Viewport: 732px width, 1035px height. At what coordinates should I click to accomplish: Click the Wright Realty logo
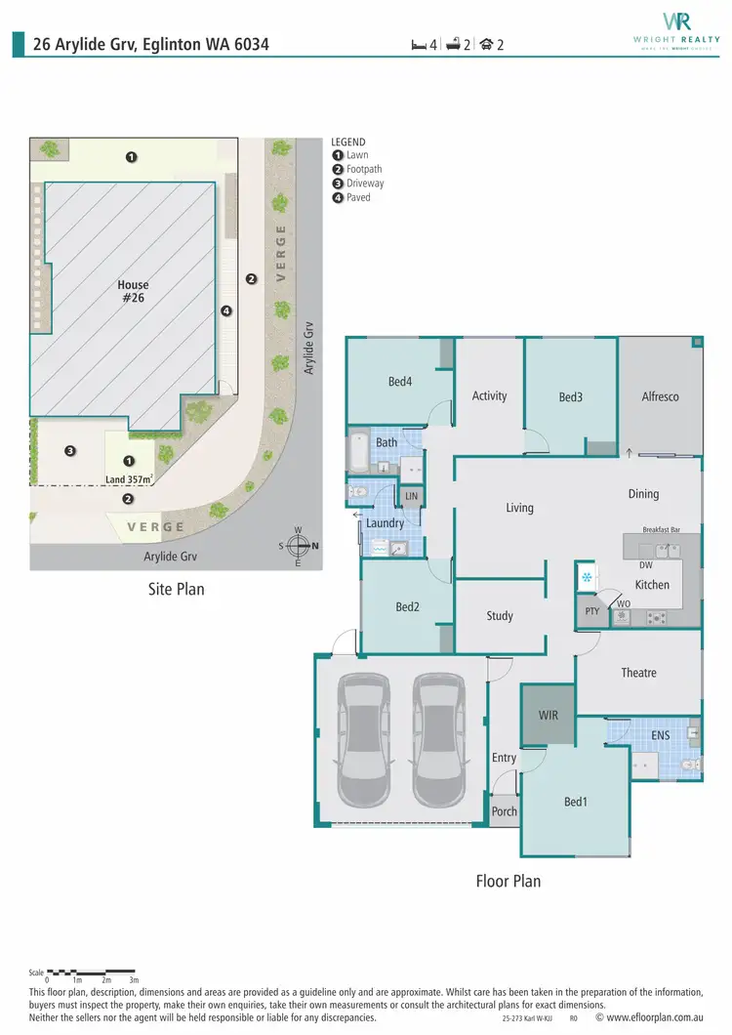pyautogui.click(x=677, y=29)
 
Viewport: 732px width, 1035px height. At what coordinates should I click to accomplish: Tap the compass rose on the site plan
pyautogui.click(x=299, y=546)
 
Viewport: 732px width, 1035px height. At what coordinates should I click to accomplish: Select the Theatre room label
pyautogui.click(x=638, y=673)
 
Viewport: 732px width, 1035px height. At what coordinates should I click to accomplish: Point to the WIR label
pyautogui.click(x=548, y=716)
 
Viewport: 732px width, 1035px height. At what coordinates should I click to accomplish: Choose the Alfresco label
pyautogui.click(x=660, y=396)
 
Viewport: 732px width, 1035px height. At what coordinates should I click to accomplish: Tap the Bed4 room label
pyautogui.click(x=400, y=382)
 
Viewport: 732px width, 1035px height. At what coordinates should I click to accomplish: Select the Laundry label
pyautogui.click(x=385, y=523)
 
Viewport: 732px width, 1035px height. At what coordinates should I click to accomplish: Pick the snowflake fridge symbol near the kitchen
pyautogui.click(x=587, y=577)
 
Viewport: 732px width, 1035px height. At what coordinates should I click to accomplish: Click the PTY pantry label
pyautogui.click(x=591, y=612)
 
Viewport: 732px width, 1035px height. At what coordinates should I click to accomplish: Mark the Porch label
pyautogui.click(x=504, y=811)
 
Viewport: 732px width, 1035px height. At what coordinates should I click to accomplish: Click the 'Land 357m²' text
pyautogui.click(x=131, y=478)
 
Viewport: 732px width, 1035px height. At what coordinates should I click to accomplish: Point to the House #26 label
pyautogui.click(x=133, y=292)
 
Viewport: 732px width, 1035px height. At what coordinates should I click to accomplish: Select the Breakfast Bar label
pyautogui.click(x=661, y=529)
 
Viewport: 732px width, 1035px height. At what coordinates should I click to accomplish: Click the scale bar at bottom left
pyautogui.click(x=93, y=973)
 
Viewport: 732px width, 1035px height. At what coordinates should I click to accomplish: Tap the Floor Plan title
pyautogui.click(x=508, y=881)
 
